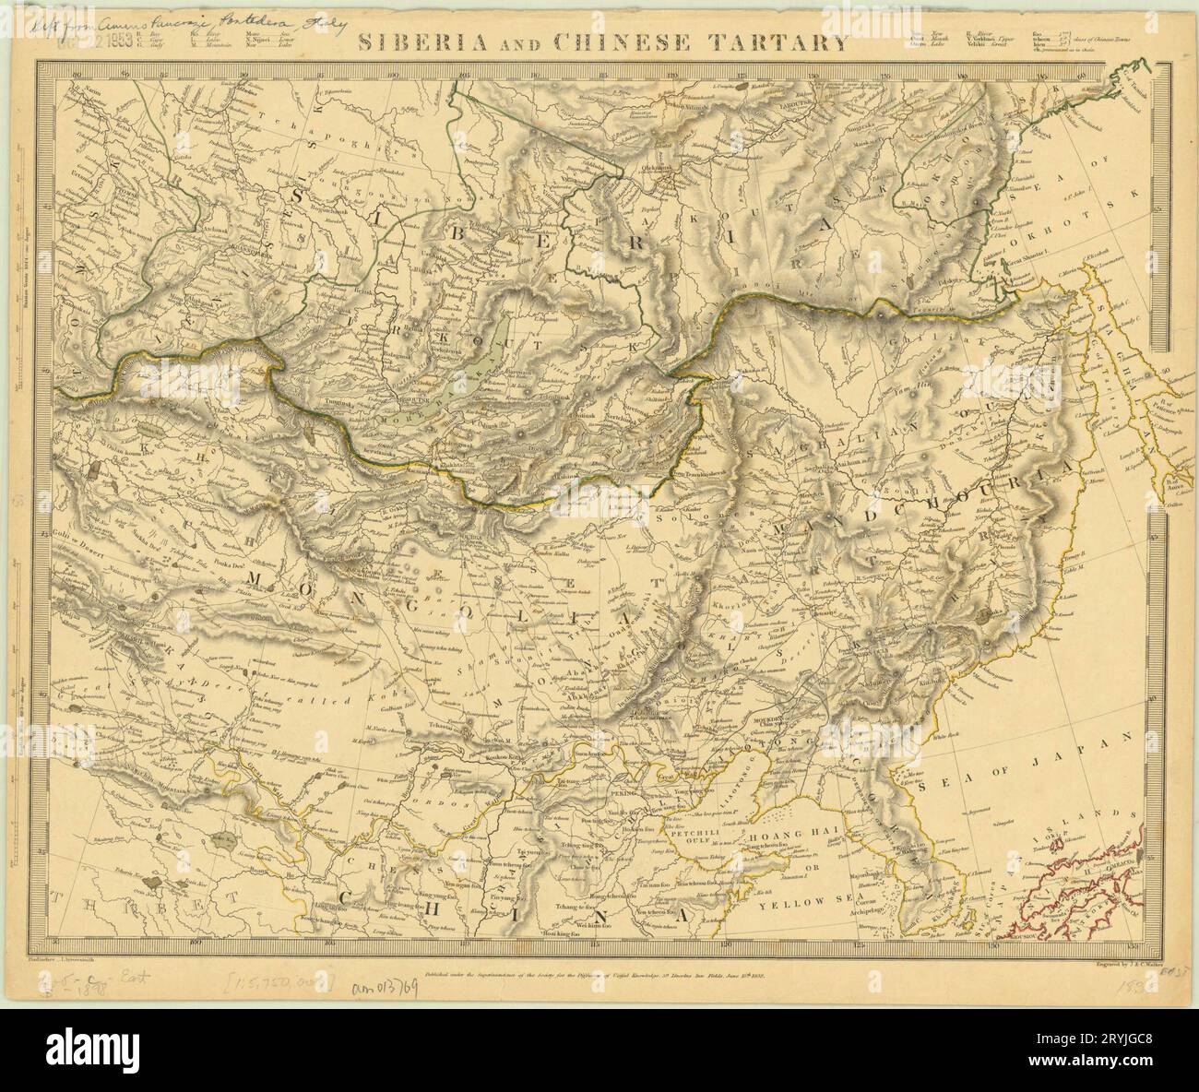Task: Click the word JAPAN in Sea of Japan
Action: click(x=1097, y=742)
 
